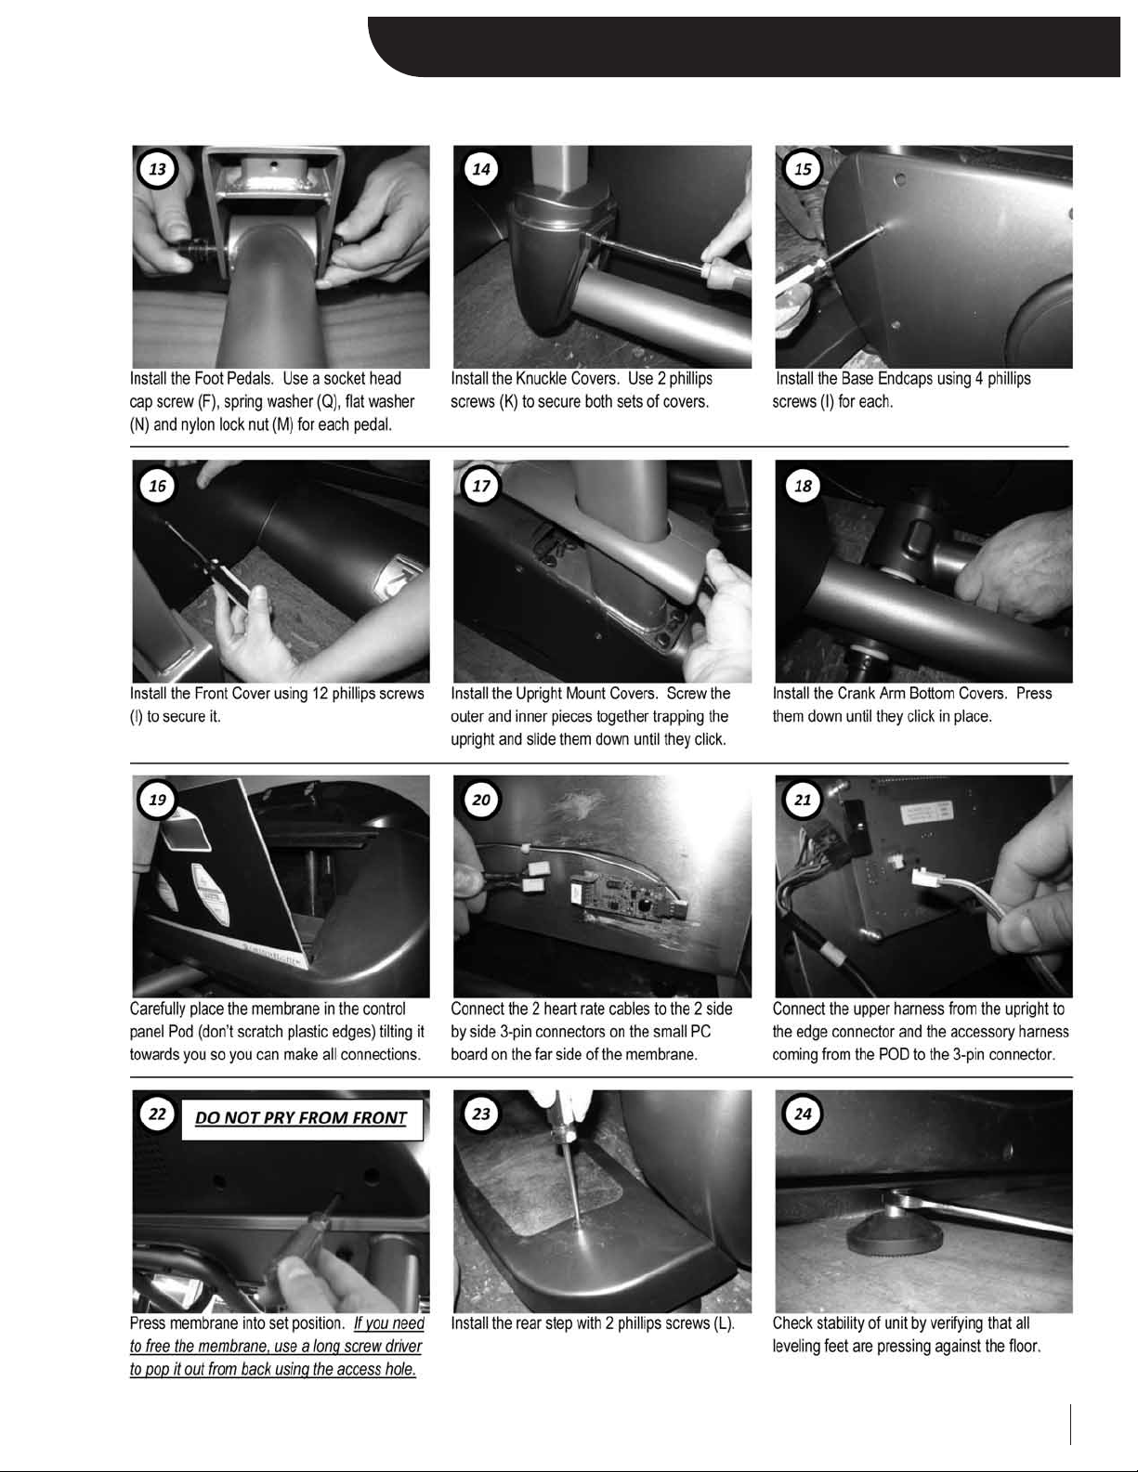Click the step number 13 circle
157,169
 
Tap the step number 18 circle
803,486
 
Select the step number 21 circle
803,800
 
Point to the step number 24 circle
803,1114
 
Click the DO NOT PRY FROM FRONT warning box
302,1118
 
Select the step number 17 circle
481,486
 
